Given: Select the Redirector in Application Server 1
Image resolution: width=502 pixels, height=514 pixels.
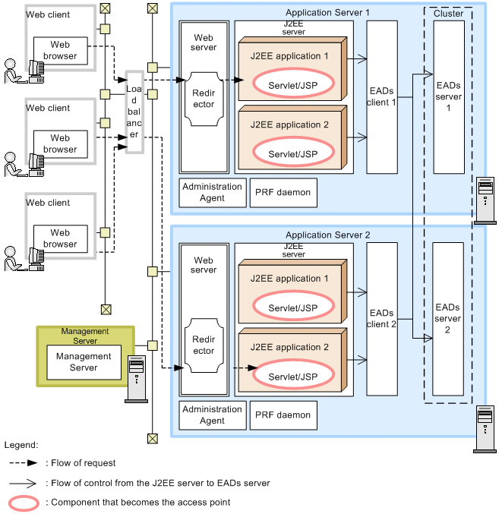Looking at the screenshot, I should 204,99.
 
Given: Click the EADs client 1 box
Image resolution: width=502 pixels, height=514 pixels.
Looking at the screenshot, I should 382,96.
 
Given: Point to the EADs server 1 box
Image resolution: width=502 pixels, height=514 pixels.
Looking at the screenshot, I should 449,96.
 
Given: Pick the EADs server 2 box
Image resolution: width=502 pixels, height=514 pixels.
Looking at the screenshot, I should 449,318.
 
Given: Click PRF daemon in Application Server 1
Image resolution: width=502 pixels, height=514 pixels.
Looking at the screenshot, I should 283,193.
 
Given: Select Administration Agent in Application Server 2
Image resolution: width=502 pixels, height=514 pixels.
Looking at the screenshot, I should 213,415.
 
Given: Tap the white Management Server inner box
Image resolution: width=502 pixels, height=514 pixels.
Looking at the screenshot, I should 84,362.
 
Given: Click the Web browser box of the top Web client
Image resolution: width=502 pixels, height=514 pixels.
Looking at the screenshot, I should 60,51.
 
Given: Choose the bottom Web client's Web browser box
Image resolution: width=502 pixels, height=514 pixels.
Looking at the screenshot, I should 60,238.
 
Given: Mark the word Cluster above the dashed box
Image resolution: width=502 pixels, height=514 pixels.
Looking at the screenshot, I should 448,14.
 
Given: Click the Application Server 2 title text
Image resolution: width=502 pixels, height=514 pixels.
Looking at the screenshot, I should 327,235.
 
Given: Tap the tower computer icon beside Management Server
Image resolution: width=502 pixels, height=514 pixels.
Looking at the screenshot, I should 137,379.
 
